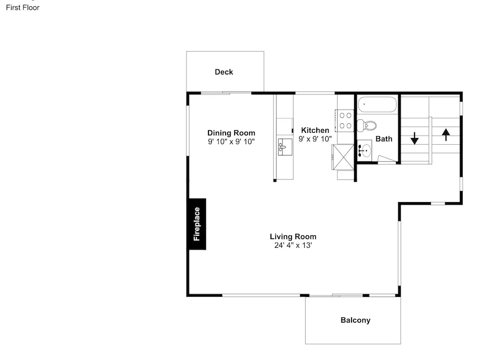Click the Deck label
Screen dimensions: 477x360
pyautogui.click(x=224, y=72)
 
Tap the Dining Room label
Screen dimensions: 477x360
pyautogui.click(x=231, y=133)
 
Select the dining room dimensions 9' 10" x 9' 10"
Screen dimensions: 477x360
pyautogui.click(x=231, y=141)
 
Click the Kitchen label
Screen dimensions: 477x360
pyautogui.click(x=315, y=130)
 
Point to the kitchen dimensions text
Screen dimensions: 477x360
pyautogui.click(x=315, y=139)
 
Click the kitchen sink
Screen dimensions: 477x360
pyautogui.click(x=285, y=147)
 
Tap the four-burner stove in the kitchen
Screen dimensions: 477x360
pyautogui.click(x=345, y=121)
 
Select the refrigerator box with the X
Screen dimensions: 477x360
pyautogui.click(x=343, y=157)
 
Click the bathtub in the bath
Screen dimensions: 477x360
pyautogui.click(x=377, y=105)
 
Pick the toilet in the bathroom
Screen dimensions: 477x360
pyautogui.click(x=366, y=125)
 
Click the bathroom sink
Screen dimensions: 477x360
pyautogui.click(x=364, y=149)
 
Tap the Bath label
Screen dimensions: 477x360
pyautogui.click(x=384, y=139)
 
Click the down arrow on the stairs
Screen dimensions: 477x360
pyautogui.click(x=415, y=138)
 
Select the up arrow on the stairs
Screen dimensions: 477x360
pyautogui.click(x=446, y=135)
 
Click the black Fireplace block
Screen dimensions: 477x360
pyautogui.click(x=197, y=224)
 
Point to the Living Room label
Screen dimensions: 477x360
pyautogui.click(x=293, y=237)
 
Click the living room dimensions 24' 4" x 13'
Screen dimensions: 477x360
pyautogui.click(x=293, y=245)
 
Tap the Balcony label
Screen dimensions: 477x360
pyautogui.click(x=355, y=320)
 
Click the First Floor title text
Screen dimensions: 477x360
pyautogui.click(x=23, y=8)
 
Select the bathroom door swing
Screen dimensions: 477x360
pyautogui.click(x=387, y=159)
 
